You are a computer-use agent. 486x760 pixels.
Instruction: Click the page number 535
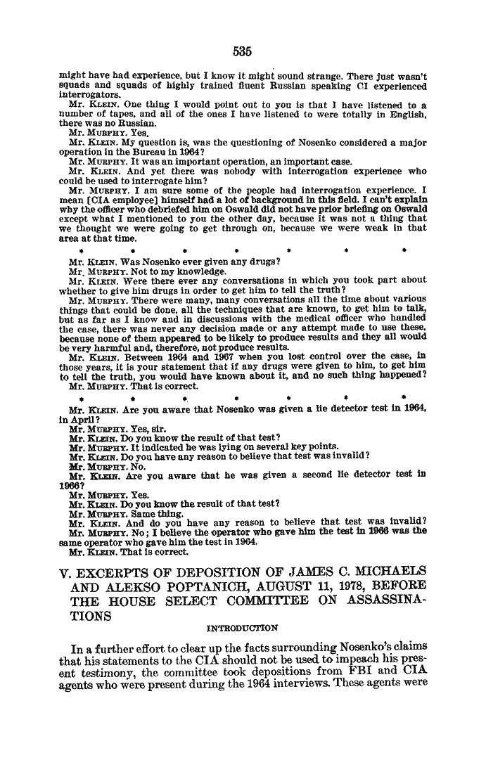[x=242, y=51]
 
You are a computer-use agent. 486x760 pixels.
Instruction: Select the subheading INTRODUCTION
[x=243, y=628]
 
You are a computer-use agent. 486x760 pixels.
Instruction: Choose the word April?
[x=77, y=418]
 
